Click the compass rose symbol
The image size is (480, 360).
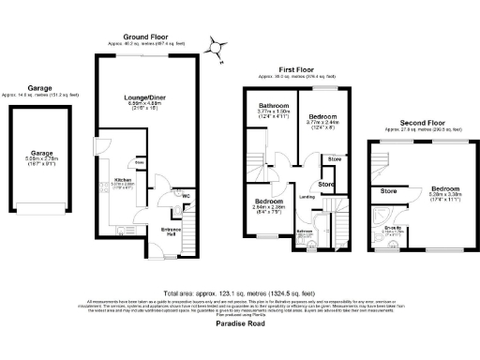(217, 46)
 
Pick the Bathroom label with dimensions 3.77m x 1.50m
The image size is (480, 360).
(273, 106)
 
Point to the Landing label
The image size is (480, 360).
(306, 197)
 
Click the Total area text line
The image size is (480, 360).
(240, 292)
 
